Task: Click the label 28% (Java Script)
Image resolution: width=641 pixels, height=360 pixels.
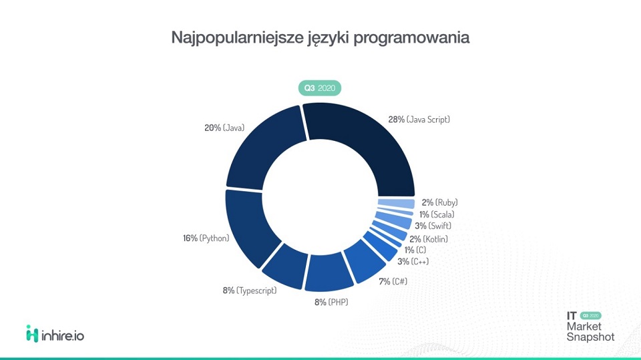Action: tap(419, 120)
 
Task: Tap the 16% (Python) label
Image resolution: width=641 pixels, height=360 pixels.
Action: tap(205, 238)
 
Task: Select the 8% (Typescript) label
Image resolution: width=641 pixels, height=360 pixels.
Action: tap(249, 291)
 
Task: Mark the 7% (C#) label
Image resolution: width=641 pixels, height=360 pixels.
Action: tap(393, 281)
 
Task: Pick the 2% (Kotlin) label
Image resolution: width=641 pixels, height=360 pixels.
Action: tap(428, 238)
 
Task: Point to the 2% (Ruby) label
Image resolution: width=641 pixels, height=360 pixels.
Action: tap(439, 202)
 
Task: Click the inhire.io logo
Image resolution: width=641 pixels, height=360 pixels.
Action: tap(55, 333)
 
